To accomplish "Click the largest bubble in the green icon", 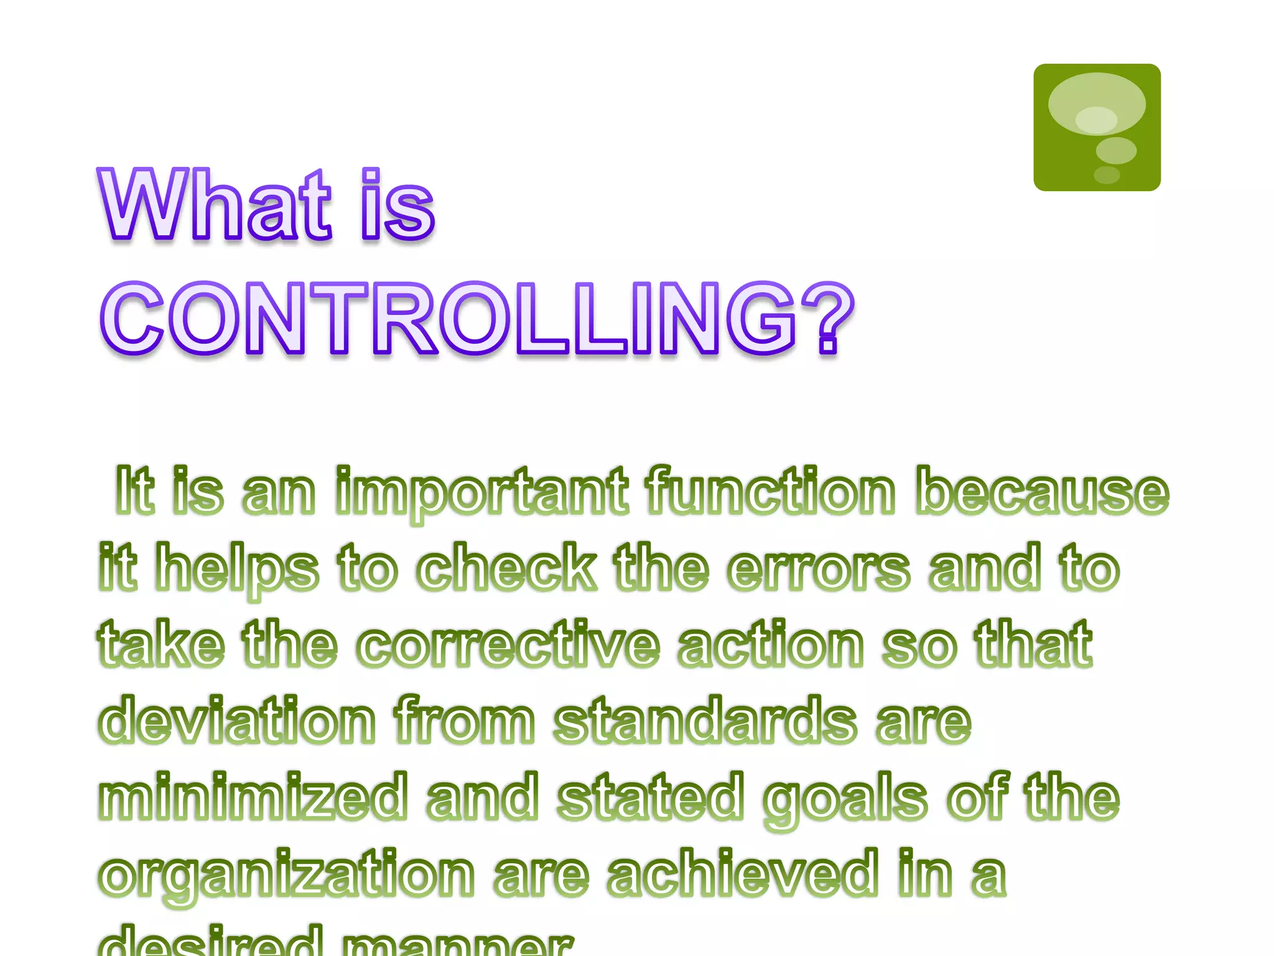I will click(1096, 104).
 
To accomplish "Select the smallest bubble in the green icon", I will click(1107, 175).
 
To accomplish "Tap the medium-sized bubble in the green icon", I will click(1116, 151).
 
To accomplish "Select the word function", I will click(771, 492).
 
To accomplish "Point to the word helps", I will click(236, 568).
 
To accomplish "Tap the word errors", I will click(819, 568).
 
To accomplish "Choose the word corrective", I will click(508, 644).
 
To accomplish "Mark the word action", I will click(771, 644).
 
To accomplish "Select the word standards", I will click(705, 721).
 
